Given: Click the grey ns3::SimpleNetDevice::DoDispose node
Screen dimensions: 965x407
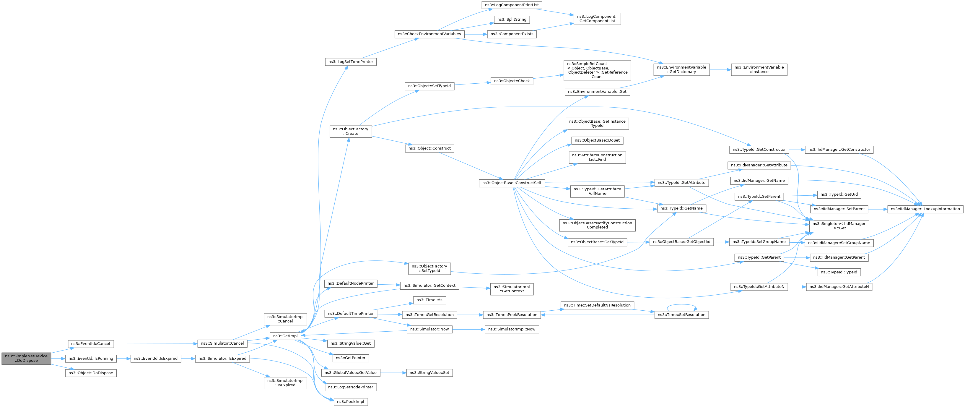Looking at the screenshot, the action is click(26, 358).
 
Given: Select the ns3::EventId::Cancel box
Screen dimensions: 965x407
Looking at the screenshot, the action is click(91, 344).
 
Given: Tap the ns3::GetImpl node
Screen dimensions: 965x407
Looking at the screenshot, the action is click(285, 336).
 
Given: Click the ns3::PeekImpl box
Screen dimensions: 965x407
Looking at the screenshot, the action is click(350, 402).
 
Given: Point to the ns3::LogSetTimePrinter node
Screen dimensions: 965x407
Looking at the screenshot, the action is click(351, 62).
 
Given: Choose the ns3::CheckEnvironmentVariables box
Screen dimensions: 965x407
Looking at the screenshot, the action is click(429, 34).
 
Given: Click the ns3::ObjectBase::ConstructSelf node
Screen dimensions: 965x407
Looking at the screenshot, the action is click(512, 183).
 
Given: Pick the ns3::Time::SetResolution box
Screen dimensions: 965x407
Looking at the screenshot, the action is click(681, 315).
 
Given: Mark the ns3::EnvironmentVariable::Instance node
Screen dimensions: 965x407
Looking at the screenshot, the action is click(759, 70).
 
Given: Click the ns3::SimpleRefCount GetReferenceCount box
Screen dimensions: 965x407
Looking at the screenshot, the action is click(597, 70).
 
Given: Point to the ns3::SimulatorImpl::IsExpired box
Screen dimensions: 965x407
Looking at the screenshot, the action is click(285, 383).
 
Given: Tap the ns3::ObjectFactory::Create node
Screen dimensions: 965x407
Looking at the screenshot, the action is click(351, 132).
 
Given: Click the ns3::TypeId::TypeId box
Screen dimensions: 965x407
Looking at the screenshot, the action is click(839, 273).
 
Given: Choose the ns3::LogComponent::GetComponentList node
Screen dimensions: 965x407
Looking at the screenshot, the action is click(597, 19).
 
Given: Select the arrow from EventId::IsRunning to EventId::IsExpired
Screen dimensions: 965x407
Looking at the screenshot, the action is click(123, 359).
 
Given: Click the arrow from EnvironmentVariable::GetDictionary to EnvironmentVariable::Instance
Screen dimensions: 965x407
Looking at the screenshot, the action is click(720, 70).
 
